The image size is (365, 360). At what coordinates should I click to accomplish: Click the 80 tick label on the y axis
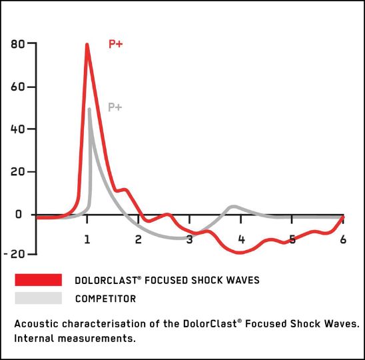(x=19, y=45)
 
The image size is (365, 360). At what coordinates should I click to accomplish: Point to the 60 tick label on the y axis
(x=19, y=87)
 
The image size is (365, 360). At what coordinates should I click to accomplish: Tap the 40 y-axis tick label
(x=19, y=129)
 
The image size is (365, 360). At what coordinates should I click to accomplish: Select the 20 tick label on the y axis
(x=19, y=172)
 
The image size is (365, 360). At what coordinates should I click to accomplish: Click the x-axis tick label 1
(x=87, y=239)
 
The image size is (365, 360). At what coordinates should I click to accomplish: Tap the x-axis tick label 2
(x=139, y=239)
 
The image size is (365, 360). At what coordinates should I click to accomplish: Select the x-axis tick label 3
(x=190, y=239)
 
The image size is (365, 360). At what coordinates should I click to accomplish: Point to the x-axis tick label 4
(x=241, y=239)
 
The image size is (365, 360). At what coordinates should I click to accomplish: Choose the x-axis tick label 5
(x=292, y=239)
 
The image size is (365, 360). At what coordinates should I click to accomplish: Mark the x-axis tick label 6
(x=344, y=239)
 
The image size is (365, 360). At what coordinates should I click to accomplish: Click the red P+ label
(x=116, y=45)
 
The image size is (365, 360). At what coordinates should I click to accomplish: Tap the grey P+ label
(x=116, y=107)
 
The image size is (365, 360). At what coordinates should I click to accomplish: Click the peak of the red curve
(x=87, y=45)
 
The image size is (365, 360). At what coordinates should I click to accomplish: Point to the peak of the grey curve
(x=89, y=109)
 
